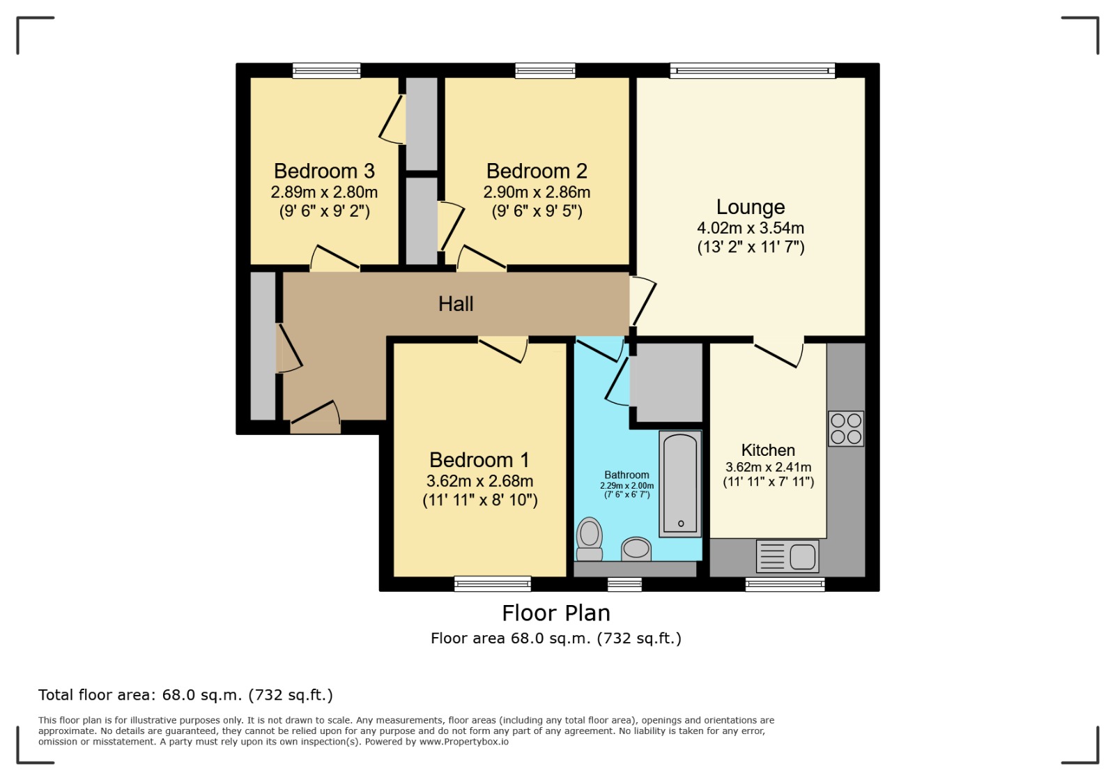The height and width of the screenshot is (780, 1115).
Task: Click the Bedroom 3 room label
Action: pyautogui.click(x=324, y=171)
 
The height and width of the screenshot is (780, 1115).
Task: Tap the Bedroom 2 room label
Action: pyautogui.click(x=537, y=171)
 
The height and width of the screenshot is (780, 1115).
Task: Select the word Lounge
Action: pyautogui.click(x=751, y=207)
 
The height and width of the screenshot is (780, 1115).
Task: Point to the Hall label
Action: pyautogui.click(x=456, y=304)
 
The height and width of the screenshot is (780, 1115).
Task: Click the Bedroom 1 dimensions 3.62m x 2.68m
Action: pyautogui.click(x=480, y=481)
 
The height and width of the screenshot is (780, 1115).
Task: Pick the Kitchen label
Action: pyautogui.click(x=768, y=450)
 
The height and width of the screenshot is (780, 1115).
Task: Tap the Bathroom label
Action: pyautogui.click(x=626, y=475)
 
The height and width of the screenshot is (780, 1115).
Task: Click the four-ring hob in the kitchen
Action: pyautogui.click(x=846, y=429)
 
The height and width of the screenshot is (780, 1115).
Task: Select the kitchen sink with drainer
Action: pyautogui.click(x=787, y=556)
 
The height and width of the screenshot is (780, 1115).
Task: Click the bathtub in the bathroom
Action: pyautogui.click(x=680, y=484)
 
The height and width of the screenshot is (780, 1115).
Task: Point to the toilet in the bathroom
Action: pyautogui.click(x=590, y=539)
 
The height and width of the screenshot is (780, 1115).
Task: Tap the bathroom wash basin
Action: pyautogui.click(x=636, y=549)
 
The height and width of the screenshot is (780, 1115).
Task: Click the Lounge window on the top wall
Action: pyautogui.click(x=752, y=70)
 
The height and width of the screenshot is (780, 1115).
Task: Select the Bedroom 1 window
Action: pyautogui.click(x=492, y=583)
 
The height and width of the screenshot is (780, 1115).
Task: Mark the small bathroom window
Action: pyautogui.click(x=624, y=584)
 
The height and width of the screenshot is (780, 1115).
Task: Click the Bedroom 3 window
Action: pyautogui.click(x=327, y=70)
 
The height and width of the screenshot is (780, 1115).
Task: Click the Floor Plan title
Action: pyautogui.click(x=556, y=613)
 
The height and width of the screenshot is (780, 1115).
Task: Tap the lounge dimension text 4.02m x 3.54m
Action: pyautogui.click(x=751, y=228)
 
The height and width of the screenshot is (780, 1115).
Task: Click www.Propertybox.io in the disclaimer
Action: pyautogui.click(x=464, y=742)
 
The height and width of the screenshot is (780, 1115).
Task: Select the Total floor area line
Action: pyautogui.click(x=185, y=695)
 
